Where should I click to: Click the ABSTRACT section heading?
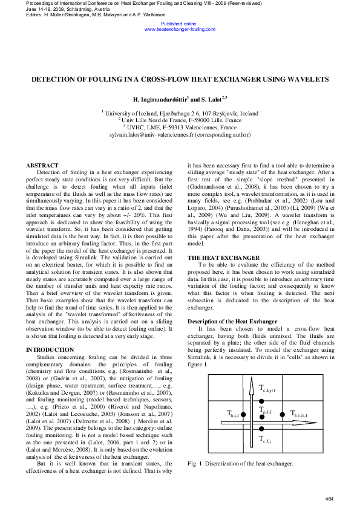[42, 166]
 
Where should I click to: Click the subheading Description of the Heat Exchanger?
[232, 321]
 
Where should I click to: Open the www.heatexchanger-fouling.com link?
[180, 29]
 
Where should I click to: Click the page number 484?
[330, 498]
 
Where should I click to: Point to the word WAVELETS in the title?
[307, 79]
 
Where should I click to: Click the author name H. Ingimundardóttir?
[160, 99]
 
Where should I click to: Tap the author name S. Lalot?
[212, 99]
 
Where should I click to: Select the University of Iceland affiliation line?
[180, 113]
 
